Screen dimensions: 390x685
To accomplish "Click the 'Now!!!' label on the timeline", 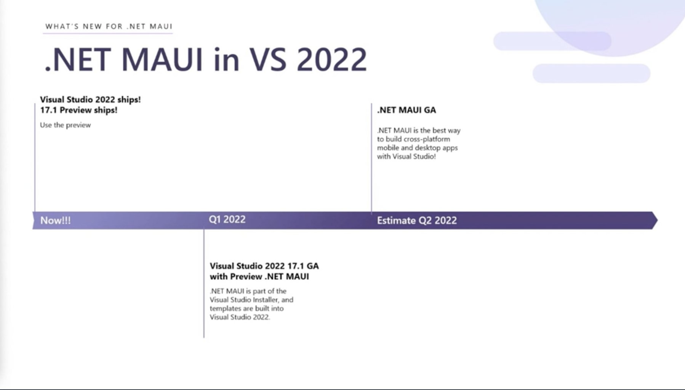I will point(55,221).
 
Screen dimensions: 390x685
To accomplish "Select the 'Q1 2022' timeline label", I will point(227,219).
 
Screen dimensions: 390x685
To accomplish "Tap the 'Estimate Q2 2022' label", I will point(417,221).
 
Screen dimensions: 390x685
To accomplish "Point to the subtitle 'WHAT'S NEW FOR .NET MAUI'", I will point(109,26).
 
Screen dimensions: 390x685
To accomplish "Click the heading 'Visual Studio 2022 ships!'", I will point(90,100).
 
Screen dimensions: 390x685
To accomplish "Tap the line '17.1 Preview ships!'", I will point(78,110).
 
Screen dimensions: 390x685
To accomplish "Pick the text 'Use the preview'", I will point(65,125).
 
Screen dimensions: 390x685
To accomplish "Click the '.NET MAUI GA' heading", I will point(407,110).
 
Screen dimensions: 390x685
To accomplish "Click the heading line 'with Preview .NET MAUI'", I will point(259,277).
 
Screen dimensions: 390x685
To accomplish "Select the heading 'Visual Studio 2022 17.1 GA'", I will point(264,266).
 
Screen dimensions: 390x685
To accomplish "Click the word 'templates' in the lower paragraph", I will point(224,309).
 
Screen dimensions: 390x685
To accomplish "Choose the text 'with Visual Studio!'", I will point(406,156).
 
